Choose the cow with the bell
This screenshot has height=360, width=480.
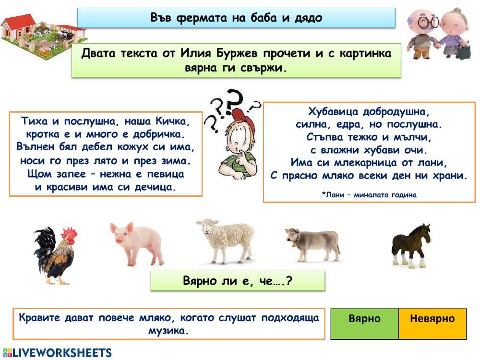coord(312,242)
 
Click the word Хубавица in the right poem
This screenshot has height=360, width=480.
coord(336,112)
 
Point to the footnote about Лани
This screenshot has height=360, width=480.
coord(369,195)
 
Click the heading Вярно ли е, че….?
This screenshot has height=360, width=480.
coord(238,280)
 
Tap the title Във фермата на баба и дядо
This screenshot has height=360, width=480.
coord(236,18)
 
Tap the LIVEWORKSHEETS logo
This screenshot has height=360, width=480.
coord(58,353)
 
